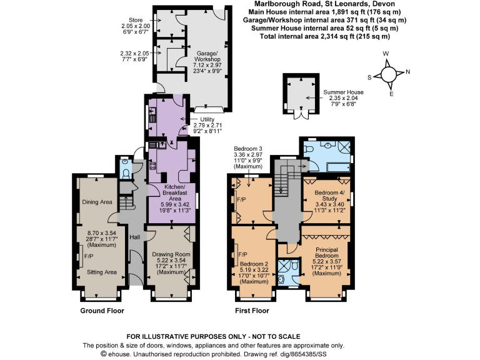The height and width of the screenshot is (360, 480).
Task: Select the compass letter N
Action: coord(407,71)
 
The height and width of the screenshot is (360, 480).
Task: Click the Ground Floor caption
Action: coord(102,311)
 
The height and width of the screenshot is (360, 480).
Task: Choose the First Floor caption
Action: coord(252,311)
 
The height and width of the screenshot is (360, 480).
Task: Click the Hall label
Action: coord(134,237)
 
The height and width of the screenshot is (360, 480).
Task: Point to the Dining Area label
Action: coord(97,202)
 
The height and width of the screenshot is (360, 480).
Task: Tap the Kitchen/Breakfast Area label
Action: coord(169,191)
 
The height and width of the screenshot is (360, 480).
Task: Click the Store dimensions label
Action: coord(136,22)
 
